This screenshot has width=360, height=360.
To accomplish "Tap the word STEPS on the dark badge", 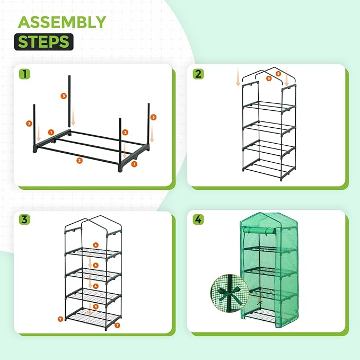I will click(45, 42).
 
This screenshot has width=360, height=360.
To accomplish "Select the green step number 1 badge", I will click(24, 73).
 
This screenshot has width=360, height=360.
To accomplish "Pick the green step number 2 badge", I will click(198, 73).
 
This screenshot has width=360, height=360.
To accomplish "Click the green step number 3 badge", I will click(24, 219).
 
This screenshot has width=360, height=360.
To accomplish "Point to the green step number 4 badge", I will click(198, 219).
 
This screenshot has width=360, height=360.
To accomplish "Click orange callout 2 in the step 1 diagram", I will click(79, 160).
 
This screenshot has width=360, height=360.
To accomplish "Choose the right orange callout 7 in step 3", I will click(117, 324).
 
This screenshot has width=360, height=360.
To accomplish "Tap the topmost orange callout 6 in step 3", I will click(95, 245).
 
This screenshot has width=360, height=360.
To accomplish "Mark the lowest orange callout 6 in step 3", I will click(95, 306).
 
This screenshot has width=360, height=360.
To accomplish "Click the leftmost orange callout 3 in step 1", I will click(29, 124).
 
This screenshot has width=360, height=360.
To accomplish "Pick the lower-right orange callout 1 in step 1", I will click(134, 165).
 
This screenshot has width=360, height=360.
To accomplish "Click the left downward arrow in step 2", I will click(238, 79).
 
